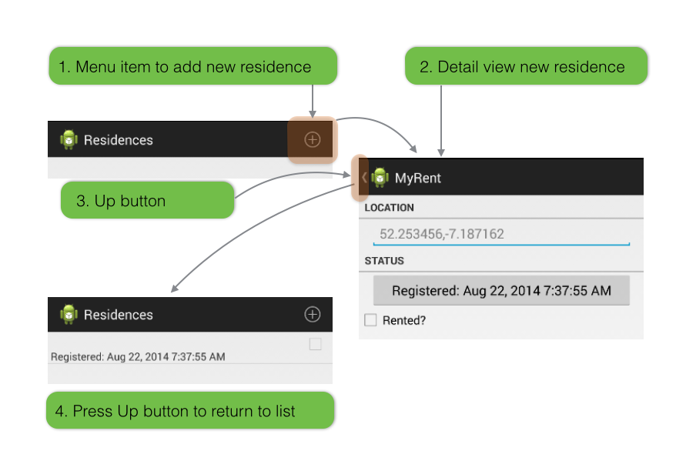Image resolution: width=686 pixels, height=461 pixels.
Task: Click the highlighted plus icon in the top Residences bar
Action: (313, 139)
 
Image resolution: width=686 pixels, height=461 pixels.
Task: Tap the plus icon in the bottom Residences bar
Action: (313, 314)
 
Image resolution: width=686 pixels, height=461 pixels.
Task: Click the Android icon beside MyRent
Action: (380, 178)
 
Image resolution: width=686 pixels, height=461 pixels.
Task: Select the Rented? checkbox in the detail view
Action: (370, 320)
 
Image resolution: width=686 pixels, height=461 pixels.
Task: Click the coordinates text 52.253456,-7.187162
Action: (441, 234)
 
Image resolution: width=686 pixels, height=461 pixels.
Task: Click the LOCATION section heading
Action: (389, 208)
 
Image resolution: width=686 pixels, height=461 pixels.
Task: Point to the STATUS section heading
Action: (384, 261)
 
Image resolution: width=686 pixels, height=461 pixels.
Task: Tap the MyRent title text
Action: (418, 178)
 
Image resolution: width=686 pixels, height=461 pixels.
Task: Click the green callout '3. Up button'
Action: (147, 200)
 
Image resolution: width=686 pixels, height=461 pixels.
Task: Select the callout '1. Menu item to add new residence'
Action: (193, 66)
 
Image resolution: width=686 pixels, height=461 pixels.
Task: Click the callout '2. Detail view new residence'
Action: (526, 66)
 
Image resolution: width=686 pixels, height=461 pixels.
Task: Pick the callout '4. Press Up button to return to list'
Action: (190, 410)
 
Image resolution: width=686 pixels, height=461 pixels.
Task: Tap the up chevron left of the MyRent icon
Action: (364, 178)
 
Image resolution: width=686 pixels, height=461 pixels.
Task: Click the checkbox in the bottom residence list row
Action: (316, 344)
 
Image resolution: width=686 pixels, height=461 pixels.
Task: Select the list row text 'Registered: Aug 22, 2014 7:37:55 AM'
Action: (138, 357)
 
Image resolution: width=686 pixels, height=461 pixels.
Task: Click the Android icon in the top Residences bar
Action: (69, 139)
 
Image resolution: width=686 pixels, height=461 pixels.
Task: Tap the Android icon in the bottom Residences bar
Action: (69, 314)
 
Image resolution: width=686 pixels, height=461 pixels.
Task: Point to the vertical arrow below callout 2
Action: (441, 121)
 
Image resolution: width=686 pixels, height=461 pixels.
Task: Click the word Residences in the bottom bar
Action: (118, 315)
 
